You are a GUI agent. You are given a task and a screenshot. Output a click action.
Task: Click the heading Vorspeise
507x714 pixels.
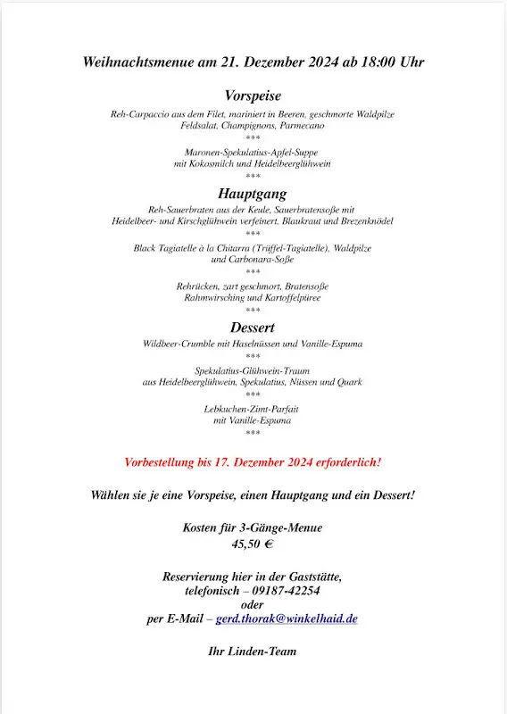tap(253, 95)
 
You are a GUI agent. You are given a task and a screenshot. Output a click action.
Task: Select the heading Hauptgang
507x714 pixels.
tap(253, 193)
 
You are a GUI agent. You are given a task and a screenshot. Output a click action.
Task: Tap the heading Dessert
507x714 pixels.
tap(253, 328)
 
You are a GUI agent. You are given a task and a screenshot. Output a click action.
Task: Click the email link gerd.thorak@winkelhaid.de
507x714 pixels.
tap(287, 619)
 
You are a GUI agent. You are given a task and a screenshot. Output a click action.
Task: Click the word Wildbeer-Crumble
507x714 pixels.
tap(179, 344)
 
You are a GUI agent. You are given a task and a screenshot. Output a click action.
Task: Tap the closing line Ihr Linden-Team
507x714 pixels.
tap(253, 652)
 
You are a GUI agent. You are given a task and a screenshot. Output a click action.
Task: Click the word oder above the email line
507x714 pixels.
tap(253, 604)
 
